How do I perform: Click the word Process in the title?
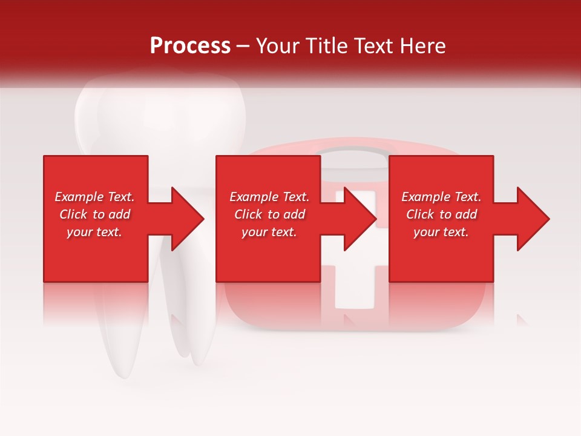tap(190, 46)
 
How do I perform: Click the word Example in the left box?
tap(78, 197)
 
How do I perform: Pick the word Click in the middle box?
tap(248, 214)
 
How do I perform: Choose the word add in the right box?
tap(465, 214)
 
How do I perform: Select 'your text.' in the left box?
tap(94, 232)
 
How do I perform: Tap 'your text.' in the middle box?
tap(269, 232)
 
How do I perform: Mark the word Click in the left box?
tap(73, 214)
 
